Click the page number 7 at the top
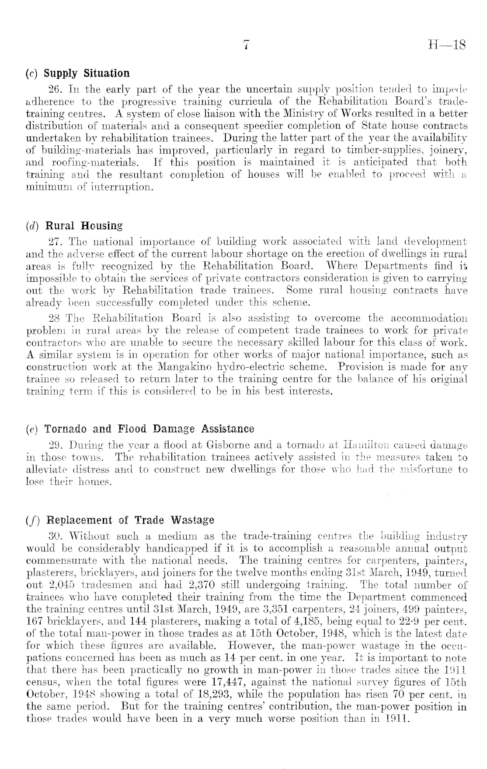[x=247, y=45]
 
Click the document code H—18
[x=448, y=45]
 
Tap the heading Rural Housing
[x=84, y=226]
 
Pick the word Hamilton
[x=367, y=446]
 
